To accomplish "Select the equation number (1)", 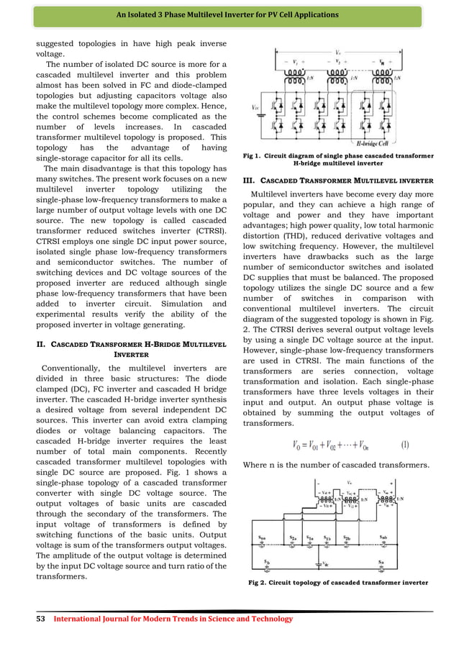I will [405, 443].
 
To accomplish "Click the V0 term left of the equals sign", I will [297, 444].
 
